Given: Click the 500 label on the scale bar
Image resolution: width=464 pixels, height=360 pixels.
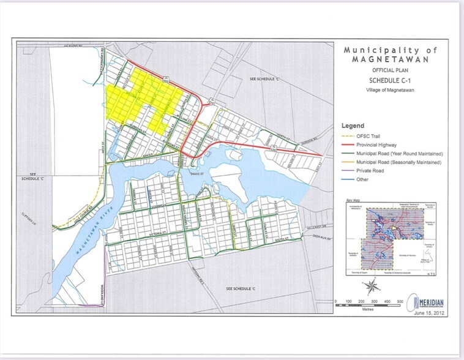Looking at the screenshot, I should [x=399, y=302].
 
